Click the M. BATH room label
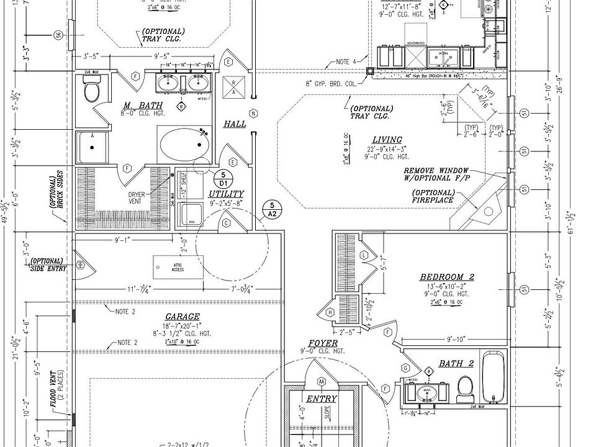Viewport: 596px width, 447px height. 135,105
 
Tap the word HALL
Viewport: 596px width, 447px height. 235,124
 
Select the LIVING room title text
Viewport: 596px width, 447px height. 387,140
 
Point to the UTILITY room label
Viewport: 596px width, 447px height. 227,194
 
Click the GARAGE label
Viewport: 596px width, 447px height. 182,316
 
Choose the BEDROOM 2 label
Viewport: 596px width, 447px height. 447,277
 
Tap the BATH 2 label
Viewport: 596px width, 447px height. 456,363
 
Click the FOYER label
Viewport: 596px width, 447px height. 323,343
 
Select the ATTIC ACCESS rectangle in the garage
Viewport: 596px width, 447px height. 178,266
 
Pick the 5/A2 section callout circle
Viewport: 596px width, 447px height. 271,209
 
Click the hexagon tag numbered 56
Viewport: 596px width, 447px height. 59,35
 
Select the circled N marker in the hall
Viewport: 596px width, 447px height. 253,113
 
